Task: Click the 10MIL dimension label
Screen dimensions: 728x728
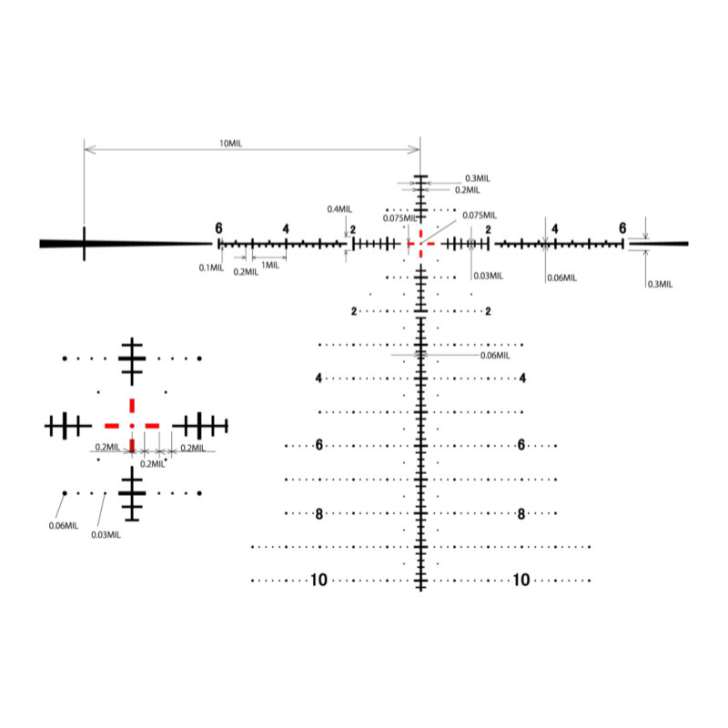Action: [231, 144]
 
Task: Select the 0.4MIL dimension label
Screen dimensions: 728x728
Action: [339, 209]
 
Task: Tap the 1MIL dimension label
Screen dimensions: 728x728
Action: [270, 265]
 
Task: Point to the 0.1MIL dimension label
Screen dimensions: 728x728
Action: [211, 268]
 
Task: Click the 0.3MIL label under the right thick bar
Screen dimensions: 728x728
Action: [661, 284]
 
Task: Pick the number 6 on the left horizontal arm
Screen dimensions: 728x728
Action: [218, 228]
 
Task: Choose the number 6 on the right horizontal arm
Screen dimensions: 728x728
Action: [622, 228]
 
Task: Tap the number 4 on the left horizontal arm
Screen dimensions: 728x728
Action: [286, 229]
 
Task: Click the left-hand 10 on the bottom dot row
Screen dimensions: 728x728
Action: [319, 580]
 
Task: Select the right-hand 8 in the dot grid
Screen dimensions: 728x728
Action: [521, 514]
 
